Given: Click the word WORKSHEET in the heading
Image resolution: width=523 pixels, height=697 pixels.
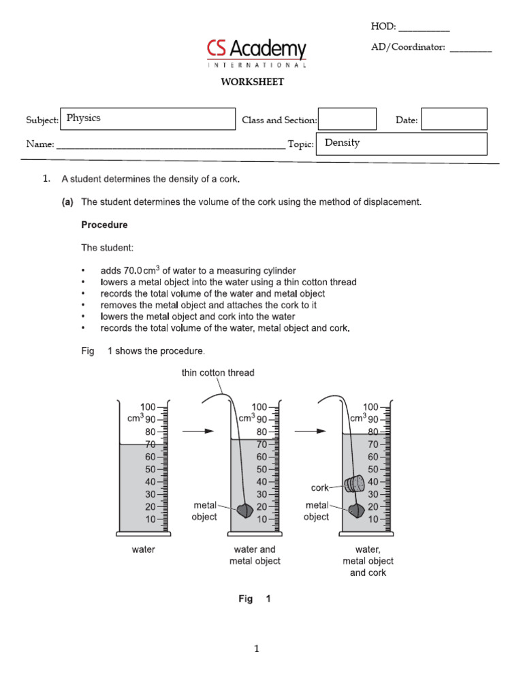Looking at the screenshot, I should (x=251, y=82).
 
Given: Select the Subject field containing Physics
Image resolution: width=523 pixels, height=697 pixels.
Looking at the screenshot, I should (x=148, y=118).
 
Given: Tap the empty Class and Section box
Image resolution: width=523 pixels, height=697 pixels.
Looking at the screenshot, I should (x=347, y=119).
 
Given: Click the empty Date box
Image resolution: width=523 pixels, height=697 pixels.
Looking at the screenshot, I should (x=454, y=119).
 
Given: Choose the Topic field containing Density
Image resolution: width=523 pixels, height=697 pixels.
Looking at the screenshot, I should (x=402, y=144).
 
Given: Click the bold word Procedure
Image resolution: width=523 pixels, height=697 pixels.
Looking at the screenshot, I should (x=104, y=225).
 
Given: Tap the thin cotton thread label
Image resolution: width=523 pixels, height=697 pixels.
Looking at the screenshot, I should (x=218, y=372).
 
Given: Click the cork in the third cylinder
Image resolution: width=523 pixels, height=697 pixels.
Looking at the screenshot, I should (x=355, y=484).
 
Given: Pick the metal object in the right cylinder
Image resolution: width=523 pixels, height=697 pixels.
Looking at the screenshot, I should (x=354, y=510).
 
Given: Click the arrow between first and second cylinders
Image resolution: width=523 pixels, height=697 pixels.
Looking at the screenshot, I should (x=200, y=431).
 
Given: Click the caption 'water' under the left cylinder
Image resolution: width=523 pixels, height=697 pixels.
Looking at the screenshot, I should (x=143, y=549).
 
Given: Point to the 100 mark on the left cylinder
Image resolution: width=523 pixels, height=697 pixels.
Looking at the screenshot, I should (x=148, y=406).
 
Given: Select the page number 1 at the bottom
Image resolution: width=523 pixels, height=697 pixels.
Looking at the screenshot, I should (x=257, y=649).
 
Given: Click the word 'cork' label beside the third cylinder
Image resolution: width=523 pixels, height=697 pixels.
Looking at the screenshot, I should (x=319, y=487).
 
